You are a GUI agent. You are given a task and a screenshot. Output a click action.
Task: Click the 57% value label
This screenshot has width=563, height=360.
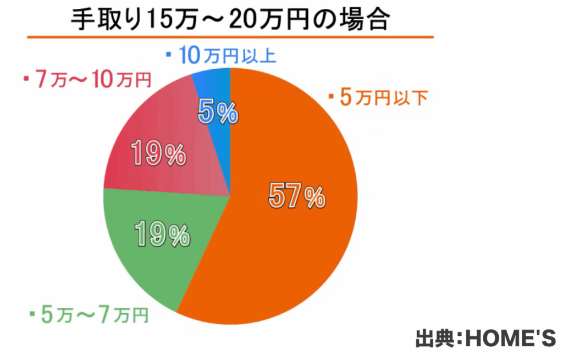(297, 197)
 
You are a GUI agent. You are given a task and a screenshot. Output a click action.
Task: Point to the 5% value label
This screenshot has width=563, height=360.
(217, 114)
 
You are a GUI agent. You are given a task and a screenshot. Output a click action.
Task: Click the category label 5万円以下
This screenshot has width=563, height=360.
(384, 98)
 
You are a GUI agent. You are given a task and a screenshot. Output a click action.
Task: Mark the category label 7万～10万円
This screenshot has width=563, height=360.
(93, 80)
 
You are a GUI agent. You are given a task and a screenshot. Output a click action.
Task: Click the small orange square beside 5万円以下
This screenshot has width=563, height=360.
(332, 97)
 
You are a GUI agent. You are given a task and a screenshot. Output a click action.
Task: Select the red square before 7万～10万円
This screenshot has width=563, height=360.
(26, 80)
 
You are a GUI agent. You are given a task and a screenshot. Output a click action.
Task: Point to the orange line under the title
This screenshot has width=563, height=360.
(231, 37)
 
